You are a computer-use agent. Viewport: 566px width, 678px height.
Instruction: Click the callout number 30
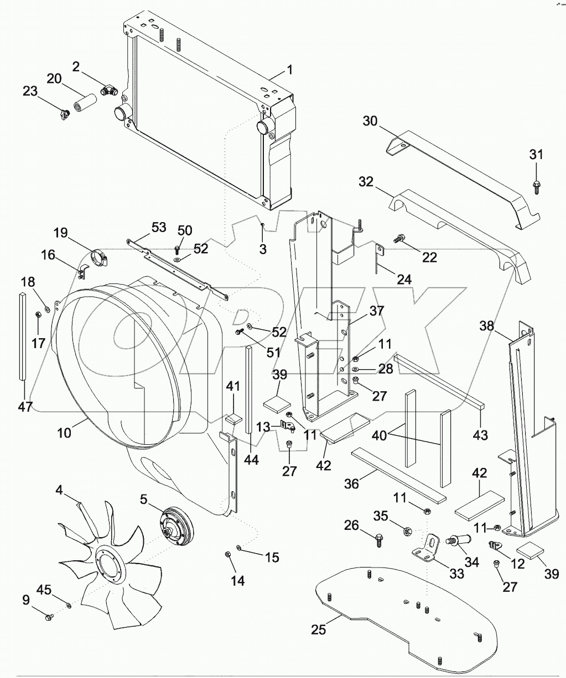click(370, 120)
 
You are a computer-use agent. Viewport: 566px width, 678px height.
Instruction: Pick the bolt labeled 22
click(399, 239)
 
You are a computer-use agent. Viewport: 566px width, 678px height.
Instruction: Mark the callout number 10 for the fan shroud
click(64, 432)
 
